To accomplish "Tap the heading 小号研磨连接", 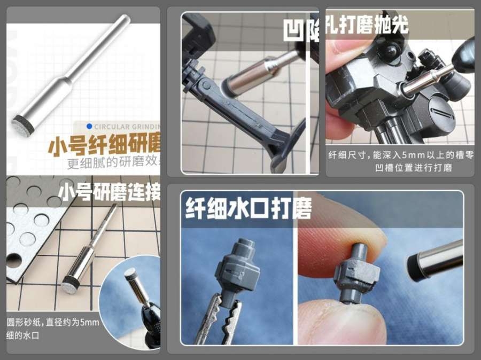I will coord(109,192).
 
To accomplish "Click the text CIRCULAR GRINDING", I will coord(127,127).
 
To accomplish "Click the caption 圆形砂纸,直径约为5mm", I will coord(53,323).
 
